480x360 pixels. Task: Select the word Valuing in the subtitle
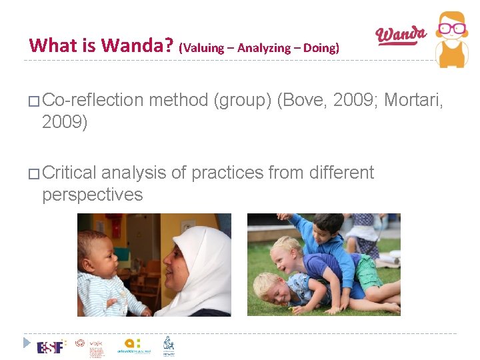coord(203,48)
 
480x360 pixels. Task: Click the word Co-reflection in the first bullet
coord(92,100)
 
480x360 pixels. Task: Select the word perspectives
coord(92,195)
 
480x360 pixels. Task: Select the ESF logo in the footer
coord(51,347)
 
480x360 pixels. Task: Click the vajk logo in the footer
coord(80,344)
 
